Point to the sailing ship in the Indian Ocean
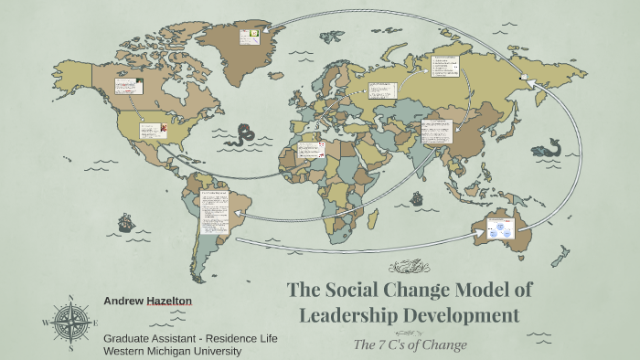click(x=417, y=197)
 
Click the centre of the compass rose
click(x=70, y=322)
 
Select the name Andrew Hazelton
click(x=149, y=300)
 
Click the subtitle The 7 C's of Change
click(x=410, y=344)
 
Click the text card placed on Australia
click(x=501, y=231)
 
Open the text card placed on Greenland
click(x=250, y=37)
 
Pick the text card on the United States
click(x=152, y=131)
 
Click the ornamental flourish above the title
click(x=409, y=268)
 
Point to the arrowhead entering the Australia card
click(x=481, y=234)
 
